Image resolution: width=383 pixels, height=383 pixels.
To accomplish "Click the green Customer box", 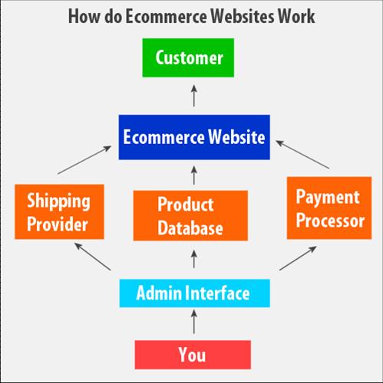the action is (x=188, y=57).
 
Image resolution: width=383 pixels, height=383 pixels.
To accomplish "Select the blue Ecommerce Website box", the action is (x=194, y=137).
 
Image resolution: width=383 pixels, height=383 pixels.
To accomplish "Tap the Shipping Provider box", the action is (x=59, y=211).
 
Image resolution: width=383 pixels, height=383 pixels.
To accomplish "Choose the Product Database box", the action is (x=190, y=215).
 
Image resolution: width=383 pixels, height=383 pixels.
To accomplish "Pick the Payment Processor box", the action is (x=329, y=208).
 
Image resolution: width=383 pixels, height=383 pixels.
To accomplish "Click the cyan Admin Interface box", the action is (x=194, y=293).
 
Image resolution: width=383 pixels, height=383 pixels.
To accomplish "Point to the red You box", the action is (x=193, y=355).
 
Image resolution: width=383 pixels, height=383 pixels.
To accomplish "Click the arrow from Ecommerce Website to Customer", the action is (x=194, y=96).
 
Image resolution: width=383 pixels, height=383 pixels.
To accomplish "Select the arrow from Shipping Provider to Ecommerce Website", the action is (x=84, y=160).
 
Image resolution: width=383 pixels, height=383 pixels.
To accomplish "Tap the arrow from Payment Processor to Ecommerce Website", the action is (x=302, y=155).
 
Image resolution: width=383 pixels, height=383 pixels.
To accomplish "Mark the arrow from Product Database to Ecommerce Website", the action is (x=194, y=175).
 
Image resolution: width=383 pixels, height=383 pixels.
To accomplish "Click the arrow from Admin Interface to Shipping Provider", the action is (x=93, y=257).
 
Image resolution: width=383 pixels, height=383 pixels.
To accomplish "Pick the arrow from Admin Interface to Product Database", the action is (x=194, y=259).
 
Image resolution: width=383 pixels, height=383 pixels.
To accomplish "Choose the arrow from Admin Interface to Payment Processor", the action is (x=298, y=258).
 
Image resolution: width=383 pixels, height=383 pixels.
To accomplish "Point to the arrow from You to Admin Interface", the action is (x=194, y=322).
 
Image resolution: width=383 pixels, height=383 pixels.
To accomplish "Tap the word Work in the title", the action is (x=296, y=16).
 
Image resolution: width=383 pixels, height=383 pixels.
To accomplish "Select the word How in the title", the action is (x=84, y=16).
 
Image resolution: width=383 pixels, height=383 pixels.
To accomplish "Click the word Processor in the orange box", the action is (x=330, y=221).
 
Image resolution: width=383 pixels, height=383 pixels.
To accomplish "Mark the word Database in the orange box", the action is (x=190, y=228).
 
